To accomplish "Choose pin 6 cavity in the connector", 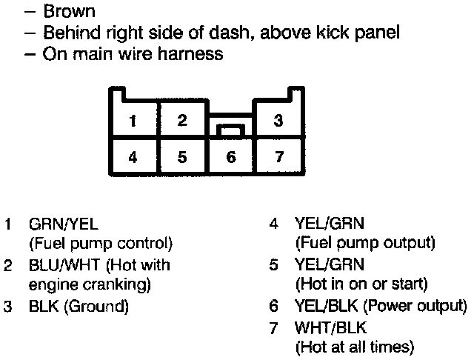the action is pos(230,156).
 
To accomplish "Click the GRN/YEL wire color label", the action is pos(63,223).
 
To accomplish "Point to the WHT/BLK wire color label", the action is pos(330,326).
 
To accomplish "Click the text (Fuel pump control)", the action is pos(100,243).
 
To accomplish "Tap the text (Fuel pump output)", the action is pos(365,243).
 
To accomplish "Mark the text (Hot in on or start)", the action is pos(361,284).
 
